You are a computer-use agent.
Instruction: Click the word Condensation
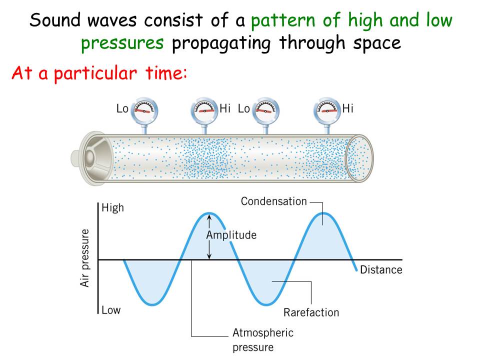coord(273,201)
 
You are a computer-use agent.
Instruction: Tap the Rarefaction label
coord(311,312)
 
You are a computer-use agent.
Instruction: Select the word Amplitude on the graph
coord(231,235)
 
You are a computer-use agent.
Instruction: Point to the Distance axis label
coord(381,269)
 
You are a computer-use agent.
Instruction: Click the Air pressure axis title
coord(85,258)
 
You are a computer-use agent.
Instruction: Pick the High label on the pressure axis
coord(112,208)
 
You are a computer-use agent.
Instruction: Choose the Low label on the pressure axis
coord(111,310)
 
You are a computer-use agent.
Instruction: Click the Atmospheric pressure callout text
coord(263,340)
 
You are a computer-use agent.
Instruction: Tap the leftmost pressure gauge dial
coord(144,110)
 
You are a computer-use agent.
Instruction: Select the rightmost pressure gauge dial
coord(327,110)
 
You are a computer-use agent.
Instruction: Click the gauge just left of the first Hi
coord(204,110)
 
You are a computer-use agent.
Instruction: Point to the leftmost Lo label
coord(122,108)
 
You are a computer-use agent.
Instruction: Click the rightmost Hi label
coord(348,108)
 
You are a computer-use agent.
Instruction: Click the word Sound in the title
coord(54,20)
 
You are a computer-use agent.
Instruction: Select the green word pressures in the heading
coord(122,43)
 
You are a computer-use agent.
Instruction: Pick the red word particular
coord(95,74)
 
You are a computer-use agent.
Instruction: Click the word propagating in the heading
coord(221,43)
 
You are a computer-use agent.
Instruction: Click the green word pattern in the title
coord(283,21)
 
